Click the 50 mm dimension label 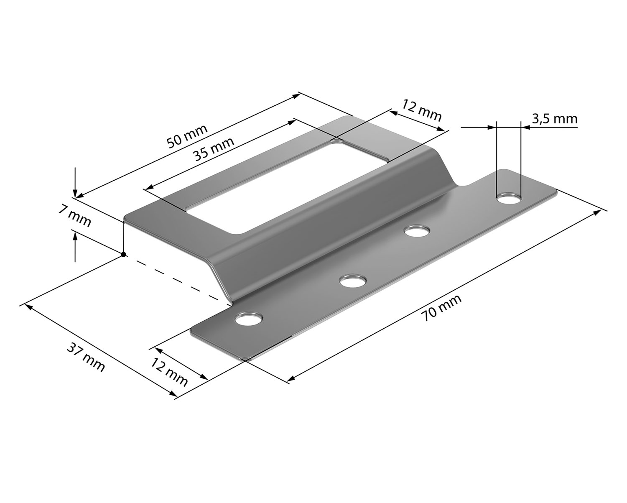[x=187, y=136]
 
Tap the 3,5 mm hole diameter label [x=555, y=119]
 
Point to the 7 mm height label [x=74, y=217]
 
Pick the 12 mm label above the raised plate [x=421, y=110]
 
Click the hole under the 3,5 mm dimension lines [x=509, y=199]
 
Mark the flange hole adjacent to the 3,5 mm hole [x=417, y=231]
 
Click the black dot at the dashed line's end [x=124, y=254]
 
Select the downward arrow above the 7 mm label [x=75, y=182]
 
